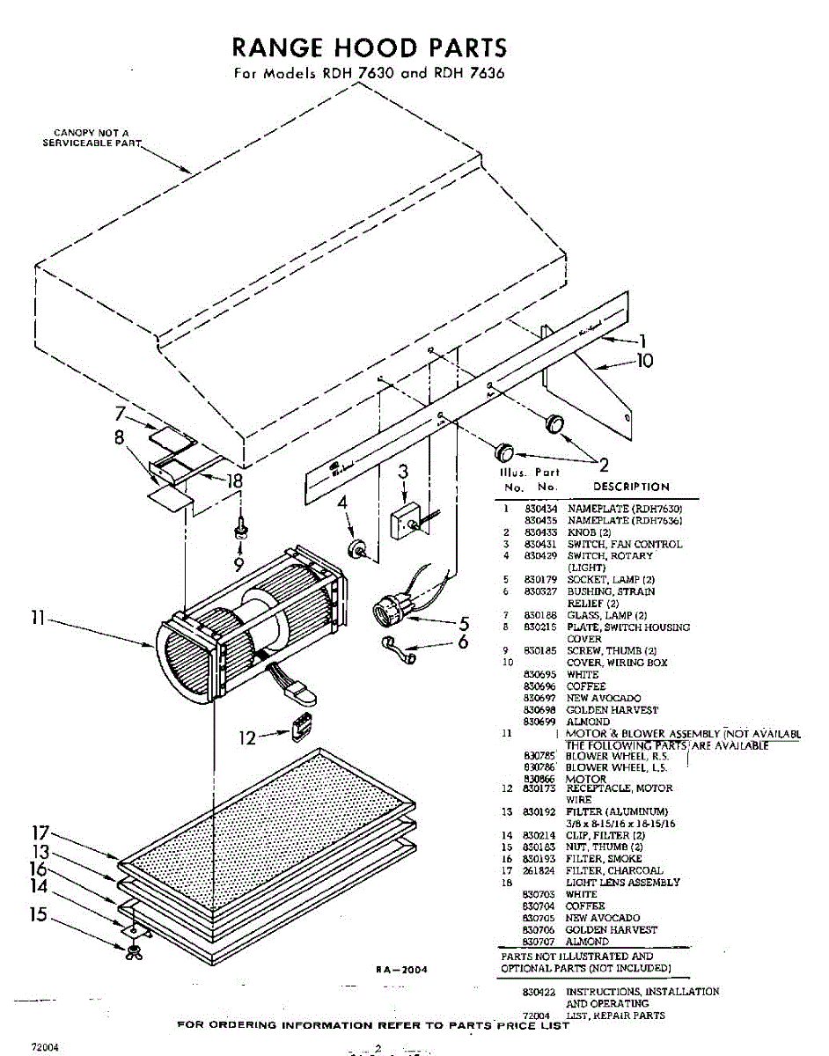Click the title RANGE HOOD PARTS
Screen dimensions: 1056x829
tap(369, 47)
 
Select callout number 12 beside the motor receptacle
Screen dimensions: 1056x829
tap(248, 737)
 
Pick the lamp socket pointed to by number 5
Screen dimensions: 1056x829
tap(386, 608)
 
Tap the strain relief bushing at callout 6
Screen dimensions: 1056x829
tap(396, 647)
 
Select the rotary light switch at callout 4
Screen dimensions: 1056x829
tap(358, 549)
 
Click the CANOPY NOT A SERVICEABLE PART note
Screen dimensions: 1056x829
tap(86, 138)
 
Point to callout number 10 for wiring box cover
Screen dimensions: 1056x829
tap(645, 360)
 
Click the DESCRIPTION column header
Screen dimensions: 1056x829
tap(631, 487)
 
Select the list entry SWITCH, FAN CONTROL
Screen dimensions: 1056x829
tap(624, 544)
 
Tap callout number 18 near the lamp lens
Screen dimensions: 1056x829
tap(235, 480)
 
